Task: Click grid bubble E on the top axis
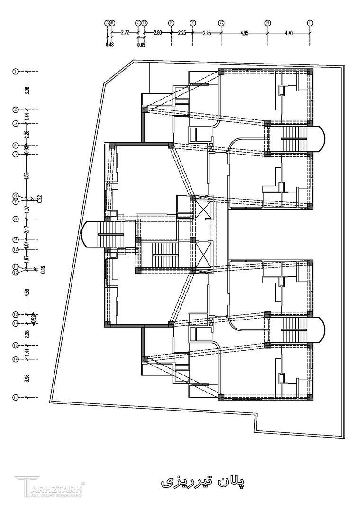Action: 171,23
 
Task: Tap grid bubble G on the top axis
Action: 221,23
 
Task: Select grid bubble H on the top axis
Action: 268,23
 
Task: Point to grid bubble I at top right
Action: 310,23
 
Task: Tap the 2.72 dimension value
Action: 125,32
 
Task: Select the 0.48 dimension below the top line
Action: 110,45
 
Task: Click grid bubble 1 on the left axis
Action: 16,72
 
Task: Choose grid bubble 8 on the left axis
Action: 16,219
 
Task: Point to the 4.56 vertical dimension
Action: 27,174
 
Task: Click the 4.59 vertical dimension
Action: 27,292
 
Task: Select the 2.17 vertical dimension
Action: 27,229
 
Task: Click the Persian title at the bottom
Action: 202,482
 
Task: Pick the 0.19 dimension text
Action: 43,269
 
